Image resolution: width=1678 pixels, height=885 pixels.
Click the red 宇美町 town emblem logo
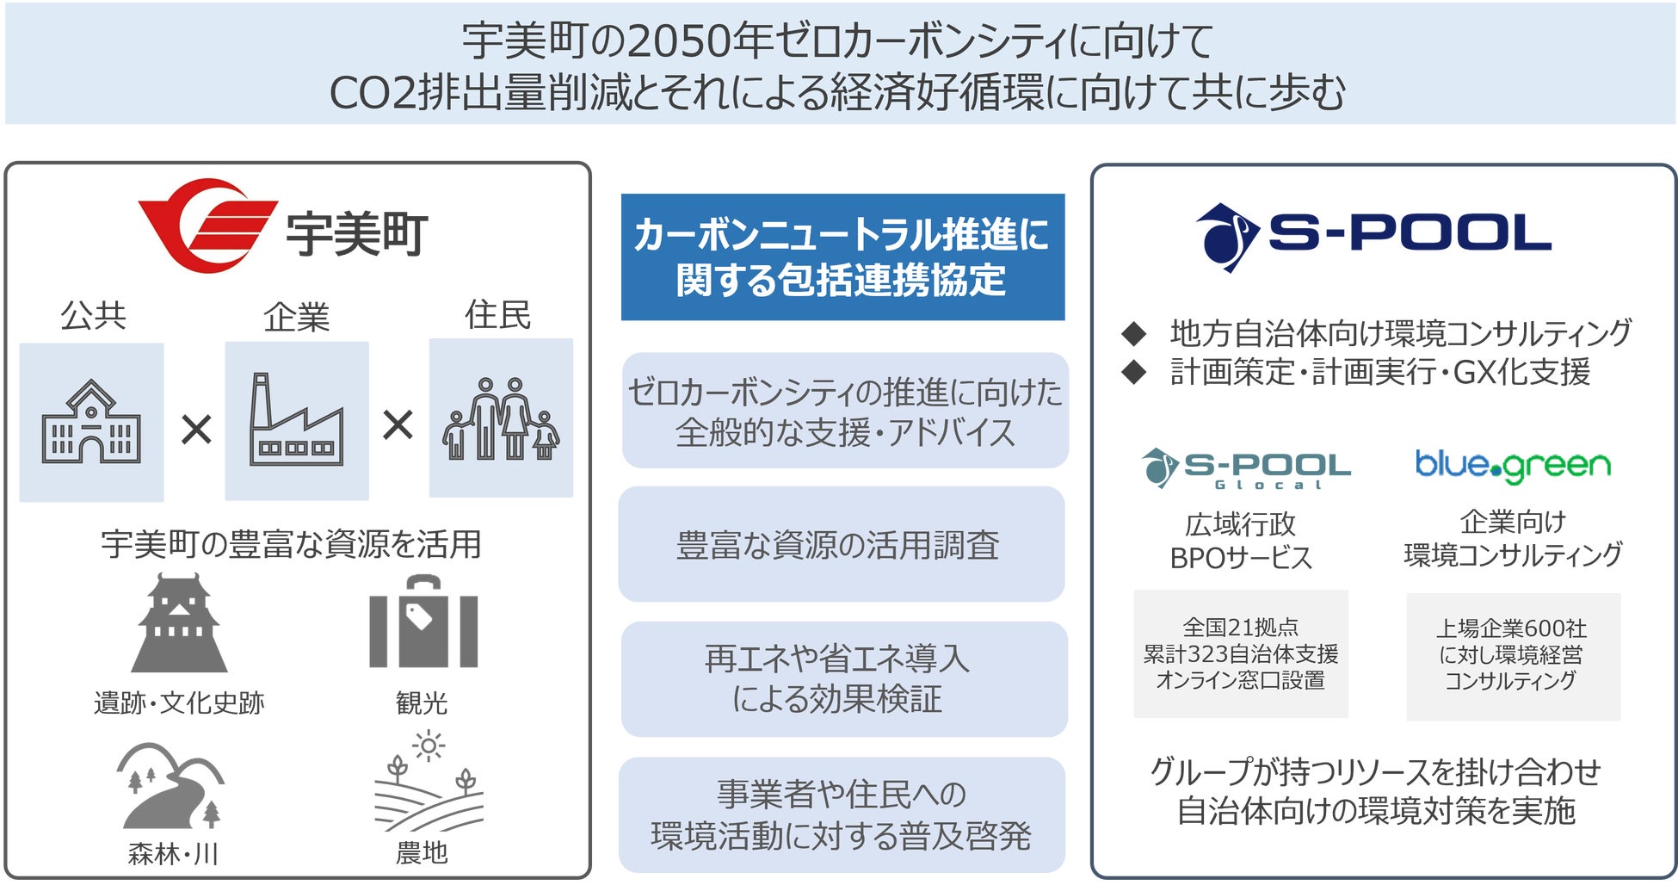[207, 226]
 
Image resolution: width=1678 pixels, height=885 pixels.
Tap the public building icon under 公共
[91, 422]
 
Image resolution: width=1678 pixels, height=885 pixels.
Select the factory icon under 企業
[297, 420]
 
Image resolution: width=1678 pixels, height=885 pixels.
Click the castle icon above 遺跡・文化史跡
[179, 623]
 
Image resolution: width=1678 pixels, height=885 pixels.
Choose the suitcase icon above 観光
[423, 622]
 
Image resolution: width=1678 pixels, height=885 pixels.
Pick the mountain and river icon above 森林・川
[171, 785]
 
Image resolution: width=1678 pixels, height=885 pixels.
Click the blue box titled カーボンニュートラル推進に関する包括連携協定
[842, 257]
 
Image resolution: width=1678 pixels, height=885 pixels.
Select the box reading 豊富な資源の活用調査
[842, 544]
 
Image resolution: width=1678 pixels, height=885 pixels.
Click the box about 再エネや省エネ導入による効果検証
[843, 679]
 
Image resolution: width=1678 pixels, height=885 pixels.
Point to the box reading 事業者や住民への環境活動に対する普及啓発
[842, 814]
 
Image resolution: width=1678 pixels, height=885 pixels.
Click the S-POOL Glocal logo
[1245, 468]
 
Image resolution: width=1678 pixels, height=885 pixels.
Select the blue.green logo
[1513, 466]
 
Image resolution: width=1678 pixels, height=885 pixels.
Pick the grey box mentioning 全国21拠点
[1240, 653]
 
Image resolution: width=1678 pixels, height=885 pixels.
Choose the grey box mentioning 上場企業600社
[1513, 656]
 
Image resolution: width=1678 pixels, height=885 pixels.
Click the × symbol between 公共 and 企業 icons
[196, 429]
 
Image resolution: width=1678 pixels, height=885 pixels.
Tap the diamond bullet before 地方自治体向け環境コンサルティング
[1134, 332]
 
